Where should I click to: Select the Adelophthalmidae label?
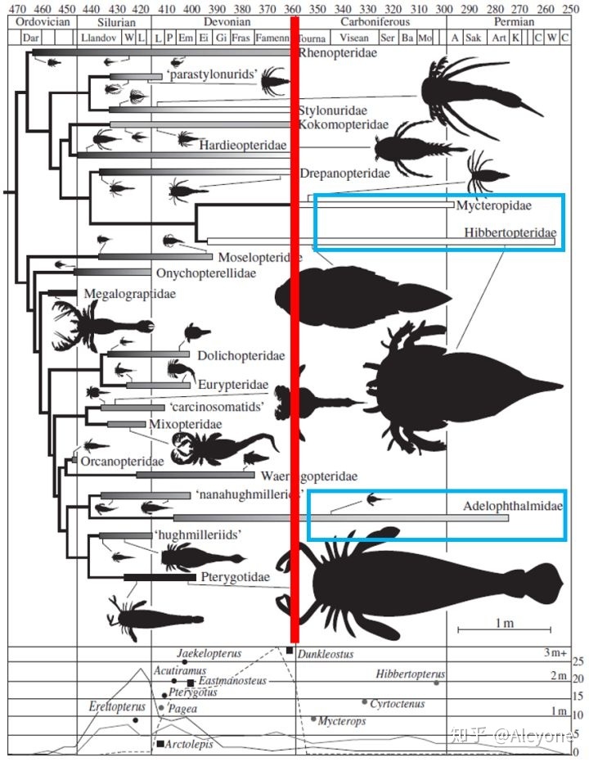coord(513,506)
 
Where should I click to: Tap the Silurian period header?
coord(114,22)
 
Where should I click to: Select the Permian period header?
coord(514,22)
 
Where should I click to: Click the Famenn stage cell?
coord(272,38)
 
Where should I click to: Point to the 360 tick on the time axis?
coord(294,8)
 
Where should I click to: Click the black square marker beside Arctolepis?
coord(159,744)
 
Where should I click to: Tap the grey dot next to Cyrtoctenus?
coord(364,701)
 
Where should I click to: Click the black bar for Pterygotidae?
coord(160,577)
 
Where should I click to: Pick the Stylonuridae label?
coord(332,110)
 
